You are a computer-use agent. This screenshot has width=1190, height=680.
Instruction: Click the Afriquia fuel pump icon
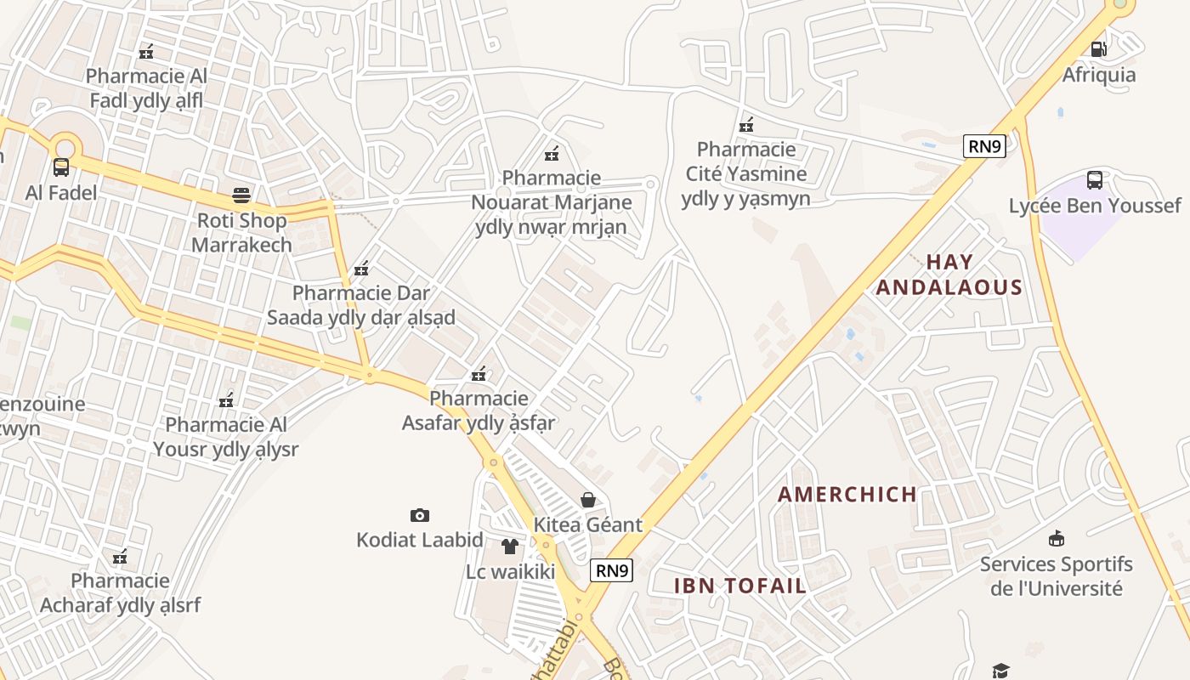coord(1098,49)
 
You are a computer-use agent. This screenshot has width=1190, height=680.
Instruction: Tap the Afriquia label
coord(1098,75)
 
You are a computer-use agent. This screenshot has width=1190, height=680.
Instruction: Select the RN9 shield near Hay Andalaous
coord(985,146)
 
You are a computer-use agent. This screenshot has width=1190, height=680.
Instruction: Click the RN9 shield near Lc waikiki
coord(612,570)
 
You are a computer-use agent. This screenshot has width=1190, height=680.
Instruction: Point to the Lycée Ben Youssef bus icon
coord(1095,180)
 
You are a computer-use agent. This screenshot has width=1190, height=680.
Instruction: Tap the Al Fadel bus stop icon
coord(61,167)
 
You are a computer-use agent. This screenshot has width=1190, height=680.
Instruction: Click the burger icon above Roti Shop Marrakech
coord(241,195)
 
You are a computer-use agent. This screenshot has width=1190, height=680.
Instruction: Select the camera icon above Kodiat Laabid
coord(419,515)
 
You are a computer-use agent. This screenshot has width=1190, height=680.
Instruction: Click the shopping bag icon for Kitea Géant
coord(587,500)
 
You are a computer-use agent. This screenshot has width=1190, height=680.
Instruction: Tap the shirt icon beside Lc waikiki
coord(509,547)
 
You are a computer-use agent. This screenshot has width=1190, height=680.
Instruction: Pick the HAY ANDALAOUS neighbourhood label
coord(949,275)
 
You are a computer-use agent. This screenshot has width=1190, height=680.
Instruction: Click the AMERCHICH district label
coord(847,494)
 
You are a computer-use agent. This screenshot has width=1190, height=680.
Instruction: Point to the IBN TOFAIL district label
coord(739,585)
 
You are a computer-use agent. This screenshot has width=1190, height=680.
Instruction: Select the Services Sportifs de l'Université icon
coord(1057,538)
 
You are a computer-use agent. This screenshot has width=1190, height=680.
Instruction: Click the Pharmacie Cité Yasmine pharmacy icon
coord(746,125)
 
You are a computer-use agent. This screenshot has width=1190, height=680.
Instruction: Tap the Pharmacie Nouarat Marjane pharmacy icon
coord(552,154)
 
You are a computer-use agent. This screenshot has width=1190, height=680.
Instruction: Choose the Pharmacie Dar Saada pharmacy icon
coord(361,269)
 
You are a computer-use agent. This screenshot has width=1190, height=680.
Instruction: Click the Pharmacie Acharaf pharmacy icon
coord(120,557)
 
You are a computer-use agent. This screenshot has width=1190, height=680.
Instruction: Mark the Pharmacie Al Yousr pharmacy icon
coord(226,399)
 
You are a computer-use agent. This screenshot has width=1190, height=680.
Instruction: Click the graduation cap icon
coord(1000,671)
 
